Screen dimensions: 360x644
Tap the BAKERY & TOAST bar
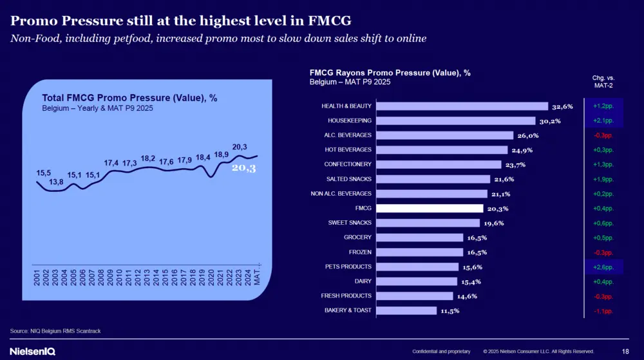406,310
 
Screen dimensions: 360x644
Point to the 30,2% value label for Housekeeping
549,121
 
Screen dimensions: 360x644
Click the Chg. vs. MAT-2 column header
603,81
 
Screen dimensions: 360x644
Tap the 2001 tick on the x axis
37,279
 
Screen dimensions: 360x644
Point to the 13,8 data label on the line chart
56,182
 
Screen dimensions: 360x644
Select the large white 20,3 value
243,168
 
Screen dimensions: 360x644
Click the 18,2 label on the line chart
147,158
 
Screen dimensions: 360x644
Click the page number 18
625,351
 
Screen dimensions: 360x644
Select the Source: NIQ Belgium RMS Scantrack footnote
55,330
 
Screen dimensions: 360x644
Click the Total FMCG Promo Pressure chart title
129,98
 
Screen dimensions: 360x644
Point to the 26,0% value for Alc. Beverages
527,136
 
